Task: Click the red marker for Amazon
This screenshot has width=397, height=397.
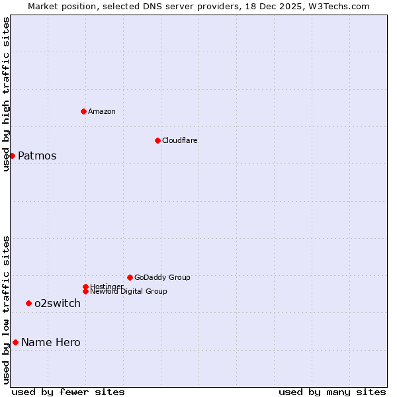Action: click(83, 111)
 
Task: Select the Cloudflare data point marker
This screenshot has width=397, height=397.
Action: click(157, 140)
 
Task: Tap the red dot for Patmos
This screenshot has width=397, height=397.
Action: click(12, 155)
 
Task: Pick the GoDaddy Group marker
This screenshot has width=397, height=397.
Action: click(130, 277)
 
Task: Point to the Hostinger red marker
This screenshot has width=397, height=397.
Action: click(85, 287)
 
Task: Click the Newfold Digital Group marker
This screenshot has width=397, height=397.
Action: click(85, 291)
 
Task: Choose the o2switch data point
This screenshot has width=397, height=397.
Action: click(28, 303)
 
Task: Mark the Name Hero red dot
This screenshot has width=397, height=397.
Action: click(15, 342)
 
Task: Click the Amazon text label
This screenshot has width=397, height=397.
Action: click(102, 111)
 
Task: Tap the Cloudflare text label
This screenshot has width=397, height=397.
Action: click(179, 140)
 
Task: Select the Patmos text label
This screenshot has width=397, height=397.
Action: click(37, 156)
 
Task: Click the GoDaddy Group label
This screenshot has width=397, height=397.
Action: click(162, 277)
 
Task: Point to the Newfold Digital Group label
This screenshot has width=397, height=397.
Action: click(128, 291)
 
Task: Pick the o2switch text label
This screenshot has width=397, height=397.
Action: click(58, 304)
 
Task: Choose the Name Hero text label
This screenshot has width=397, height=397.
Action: click(51, 342)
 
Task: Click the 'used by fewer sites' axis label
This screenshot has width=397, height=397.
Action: click(68, 392)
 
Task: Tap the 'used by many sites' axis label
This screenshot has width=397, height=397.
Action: click(332, 392)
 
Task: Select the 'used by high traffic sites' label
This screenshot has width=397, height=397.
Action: click(7, 94)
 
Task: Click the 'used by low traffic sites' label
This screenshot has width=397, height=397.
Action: click(7, 310)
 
